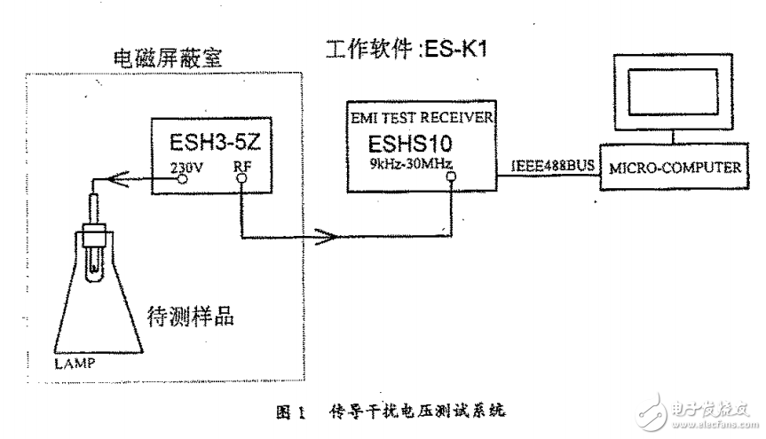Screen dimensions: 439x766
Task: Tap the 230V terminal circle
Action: pos(183,177)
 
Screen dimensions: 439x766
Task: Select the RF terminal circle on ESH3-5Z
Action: pos(241,177)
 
